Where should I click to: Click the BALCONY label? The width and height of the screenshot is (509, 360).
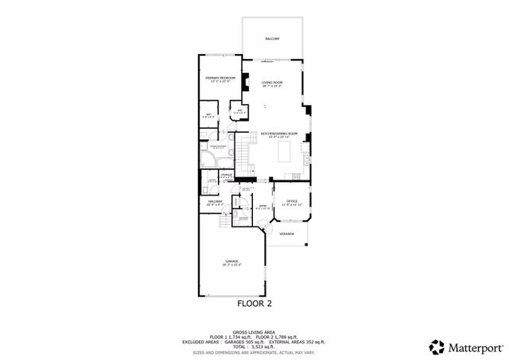[272, 38]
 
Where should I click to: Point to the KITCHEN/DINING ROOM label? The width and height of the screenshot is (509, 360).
[279, 134]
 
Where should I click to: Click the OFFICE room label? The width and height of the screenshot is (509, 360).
[291, 202]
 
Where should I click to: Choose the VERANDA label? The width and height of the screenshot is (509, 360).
[287, 234]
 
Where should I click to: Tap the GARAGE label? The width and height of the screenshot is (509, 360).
[232, 261]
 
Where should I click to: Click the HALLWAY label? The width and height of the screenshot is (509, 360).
[215, 202]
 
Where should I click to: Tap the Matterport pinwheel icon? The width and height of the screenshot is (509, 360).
[437, 346]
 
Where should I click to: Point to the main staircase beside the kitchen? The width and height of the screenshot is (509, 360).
[246, 154]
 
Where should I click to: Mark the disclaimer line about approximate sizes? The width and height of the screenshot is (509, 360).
[254, 353]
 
